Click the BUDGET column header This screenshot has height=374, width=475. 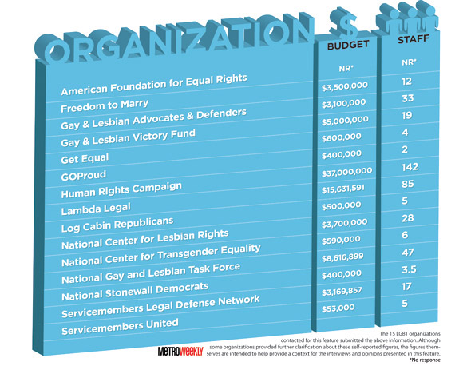click(x=348, y=46)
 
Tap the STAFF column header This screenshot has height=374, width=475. click(x=414, y=39)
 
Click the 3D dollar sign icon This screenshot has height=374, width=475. click(x=344, y=22)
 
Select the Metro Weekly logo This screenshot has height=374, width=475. click(x=180, y=352)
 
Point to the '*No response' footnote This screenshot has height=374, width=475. click(x=425, y=360)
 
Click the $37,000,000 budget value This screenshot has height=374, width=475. click(x=346, y=173)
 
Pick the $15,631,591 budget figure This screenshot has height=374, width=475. click(x=343, y=189)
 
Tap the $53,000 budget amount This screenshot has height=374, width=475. click(x=338, y=308)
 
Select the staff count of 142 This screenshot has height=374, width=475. click(x=410, y=167)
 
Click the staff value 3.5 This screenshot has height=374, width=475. click(x=409, y=269)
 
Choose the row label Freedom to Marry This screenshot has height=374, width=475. click(x=105, y=105)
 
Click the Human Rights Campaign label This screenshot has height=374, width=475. click(x=121, y=190)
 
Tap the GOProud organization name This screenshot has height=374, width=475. click(x=84, y=175)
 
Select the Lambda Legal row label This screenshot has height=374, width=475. click(x=96, y=209)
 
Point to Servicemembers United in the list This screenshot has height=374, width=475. click(x=120, y=326)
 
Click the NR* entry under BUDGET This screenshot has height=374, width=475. click(x=346, y=69)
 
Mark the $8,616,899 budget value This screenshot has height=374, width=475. click(x=342, y=257)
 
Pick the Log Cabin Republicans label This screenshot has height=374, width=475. click(x=117, y=225)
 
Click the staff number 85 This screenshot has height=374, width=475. click(x=407, y=184)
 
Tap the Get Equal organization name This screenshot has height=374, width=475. click(x=85, y=158)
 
